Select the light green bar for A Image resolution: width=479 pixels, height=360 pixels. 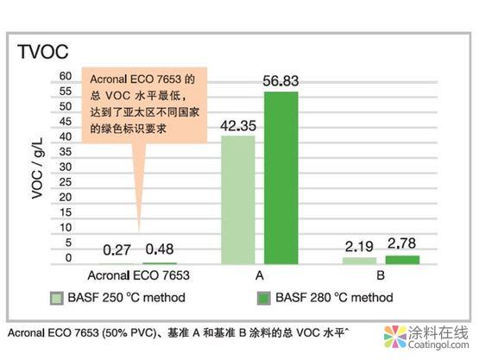237,199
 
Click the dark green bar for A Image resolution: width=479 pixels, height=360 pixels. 280,177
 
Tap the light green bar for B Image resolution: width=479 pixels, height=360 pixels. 359,260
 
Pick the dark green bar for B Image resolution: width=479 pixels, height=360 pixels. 402,259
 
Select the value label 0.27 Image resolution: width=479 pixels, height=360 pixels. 117,250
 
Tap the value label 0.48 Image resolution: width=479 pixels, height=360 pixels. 159,250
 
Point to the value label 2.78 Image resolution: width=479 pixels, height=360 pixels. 402,244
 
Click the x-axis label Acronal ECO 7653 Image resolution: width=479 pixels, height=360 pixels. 138,277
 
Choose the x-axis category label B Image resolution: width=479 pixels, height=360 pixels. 381,277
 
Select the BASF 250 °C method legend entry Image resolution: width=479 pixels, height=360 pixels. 128,299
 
